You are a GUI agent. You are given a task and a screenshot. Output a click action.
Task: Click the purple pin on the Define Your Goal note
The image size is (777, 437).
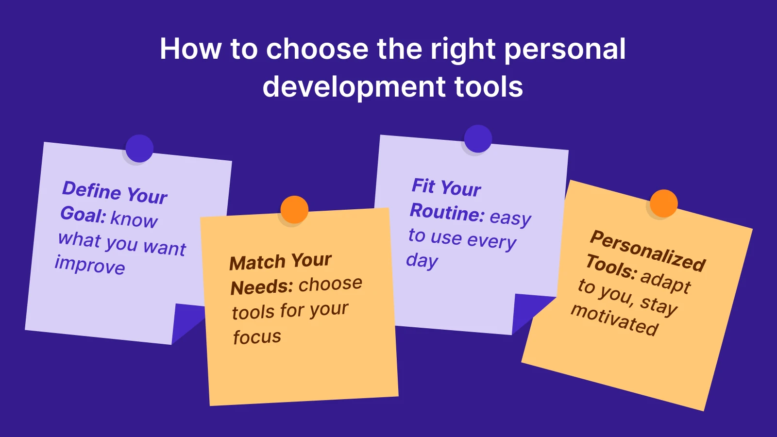[139, 149]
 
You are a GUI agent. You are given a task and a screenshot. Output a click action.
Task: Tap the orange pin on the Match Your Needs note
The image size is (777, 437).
[294, 210]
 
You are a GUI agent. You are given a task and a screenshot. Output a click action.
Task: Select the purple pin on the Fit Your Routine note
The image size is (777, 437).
[478, 139]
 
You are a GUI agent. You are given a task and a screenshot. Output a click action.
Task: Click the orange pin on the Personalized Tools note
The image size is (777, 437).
[663, 203]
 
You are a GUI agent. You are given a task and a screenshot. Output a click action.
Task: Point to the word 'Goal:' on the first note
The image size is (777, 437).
[83, 215]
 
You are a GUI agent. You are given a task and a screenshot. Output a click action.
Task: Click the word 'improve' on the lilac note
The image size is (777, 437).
[90, 265]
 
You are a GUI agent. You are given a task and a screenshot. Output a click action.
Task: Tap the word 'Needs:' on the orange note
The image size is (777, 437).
[262, 287]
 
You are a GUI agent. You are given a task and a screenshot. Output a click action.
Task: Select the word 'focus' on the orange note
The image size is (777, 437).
[257, 337]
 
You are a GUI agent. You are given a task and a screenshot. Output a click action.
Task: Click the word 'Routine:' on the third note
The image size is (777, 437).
[447, 213]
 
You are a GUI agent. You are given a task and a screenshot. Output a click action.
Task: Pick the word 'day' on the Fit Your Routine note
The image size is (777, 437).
[422, 261]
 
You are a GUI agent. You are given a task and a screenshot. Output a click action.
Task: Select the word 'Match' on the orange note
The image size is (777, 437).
[257, 263]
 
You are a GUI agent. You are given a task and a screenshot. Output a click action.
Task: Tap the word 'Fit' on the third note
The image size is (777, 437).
[423, 186]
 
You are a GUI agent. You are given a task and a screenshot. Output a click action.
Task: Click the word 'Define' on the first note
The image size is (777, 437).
[92, 190]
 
